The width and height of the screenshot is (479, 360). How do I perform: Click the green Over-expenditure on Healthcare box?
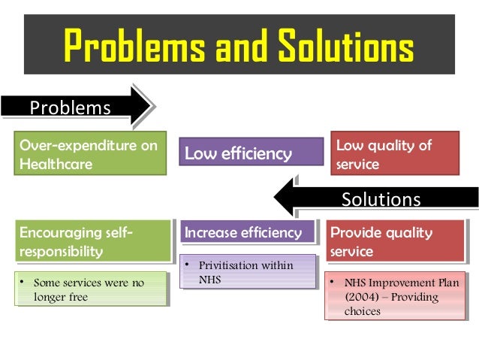coord(89,154)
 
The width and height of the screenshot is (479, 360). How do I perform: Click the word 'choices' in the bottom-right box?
coord(363,311)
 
